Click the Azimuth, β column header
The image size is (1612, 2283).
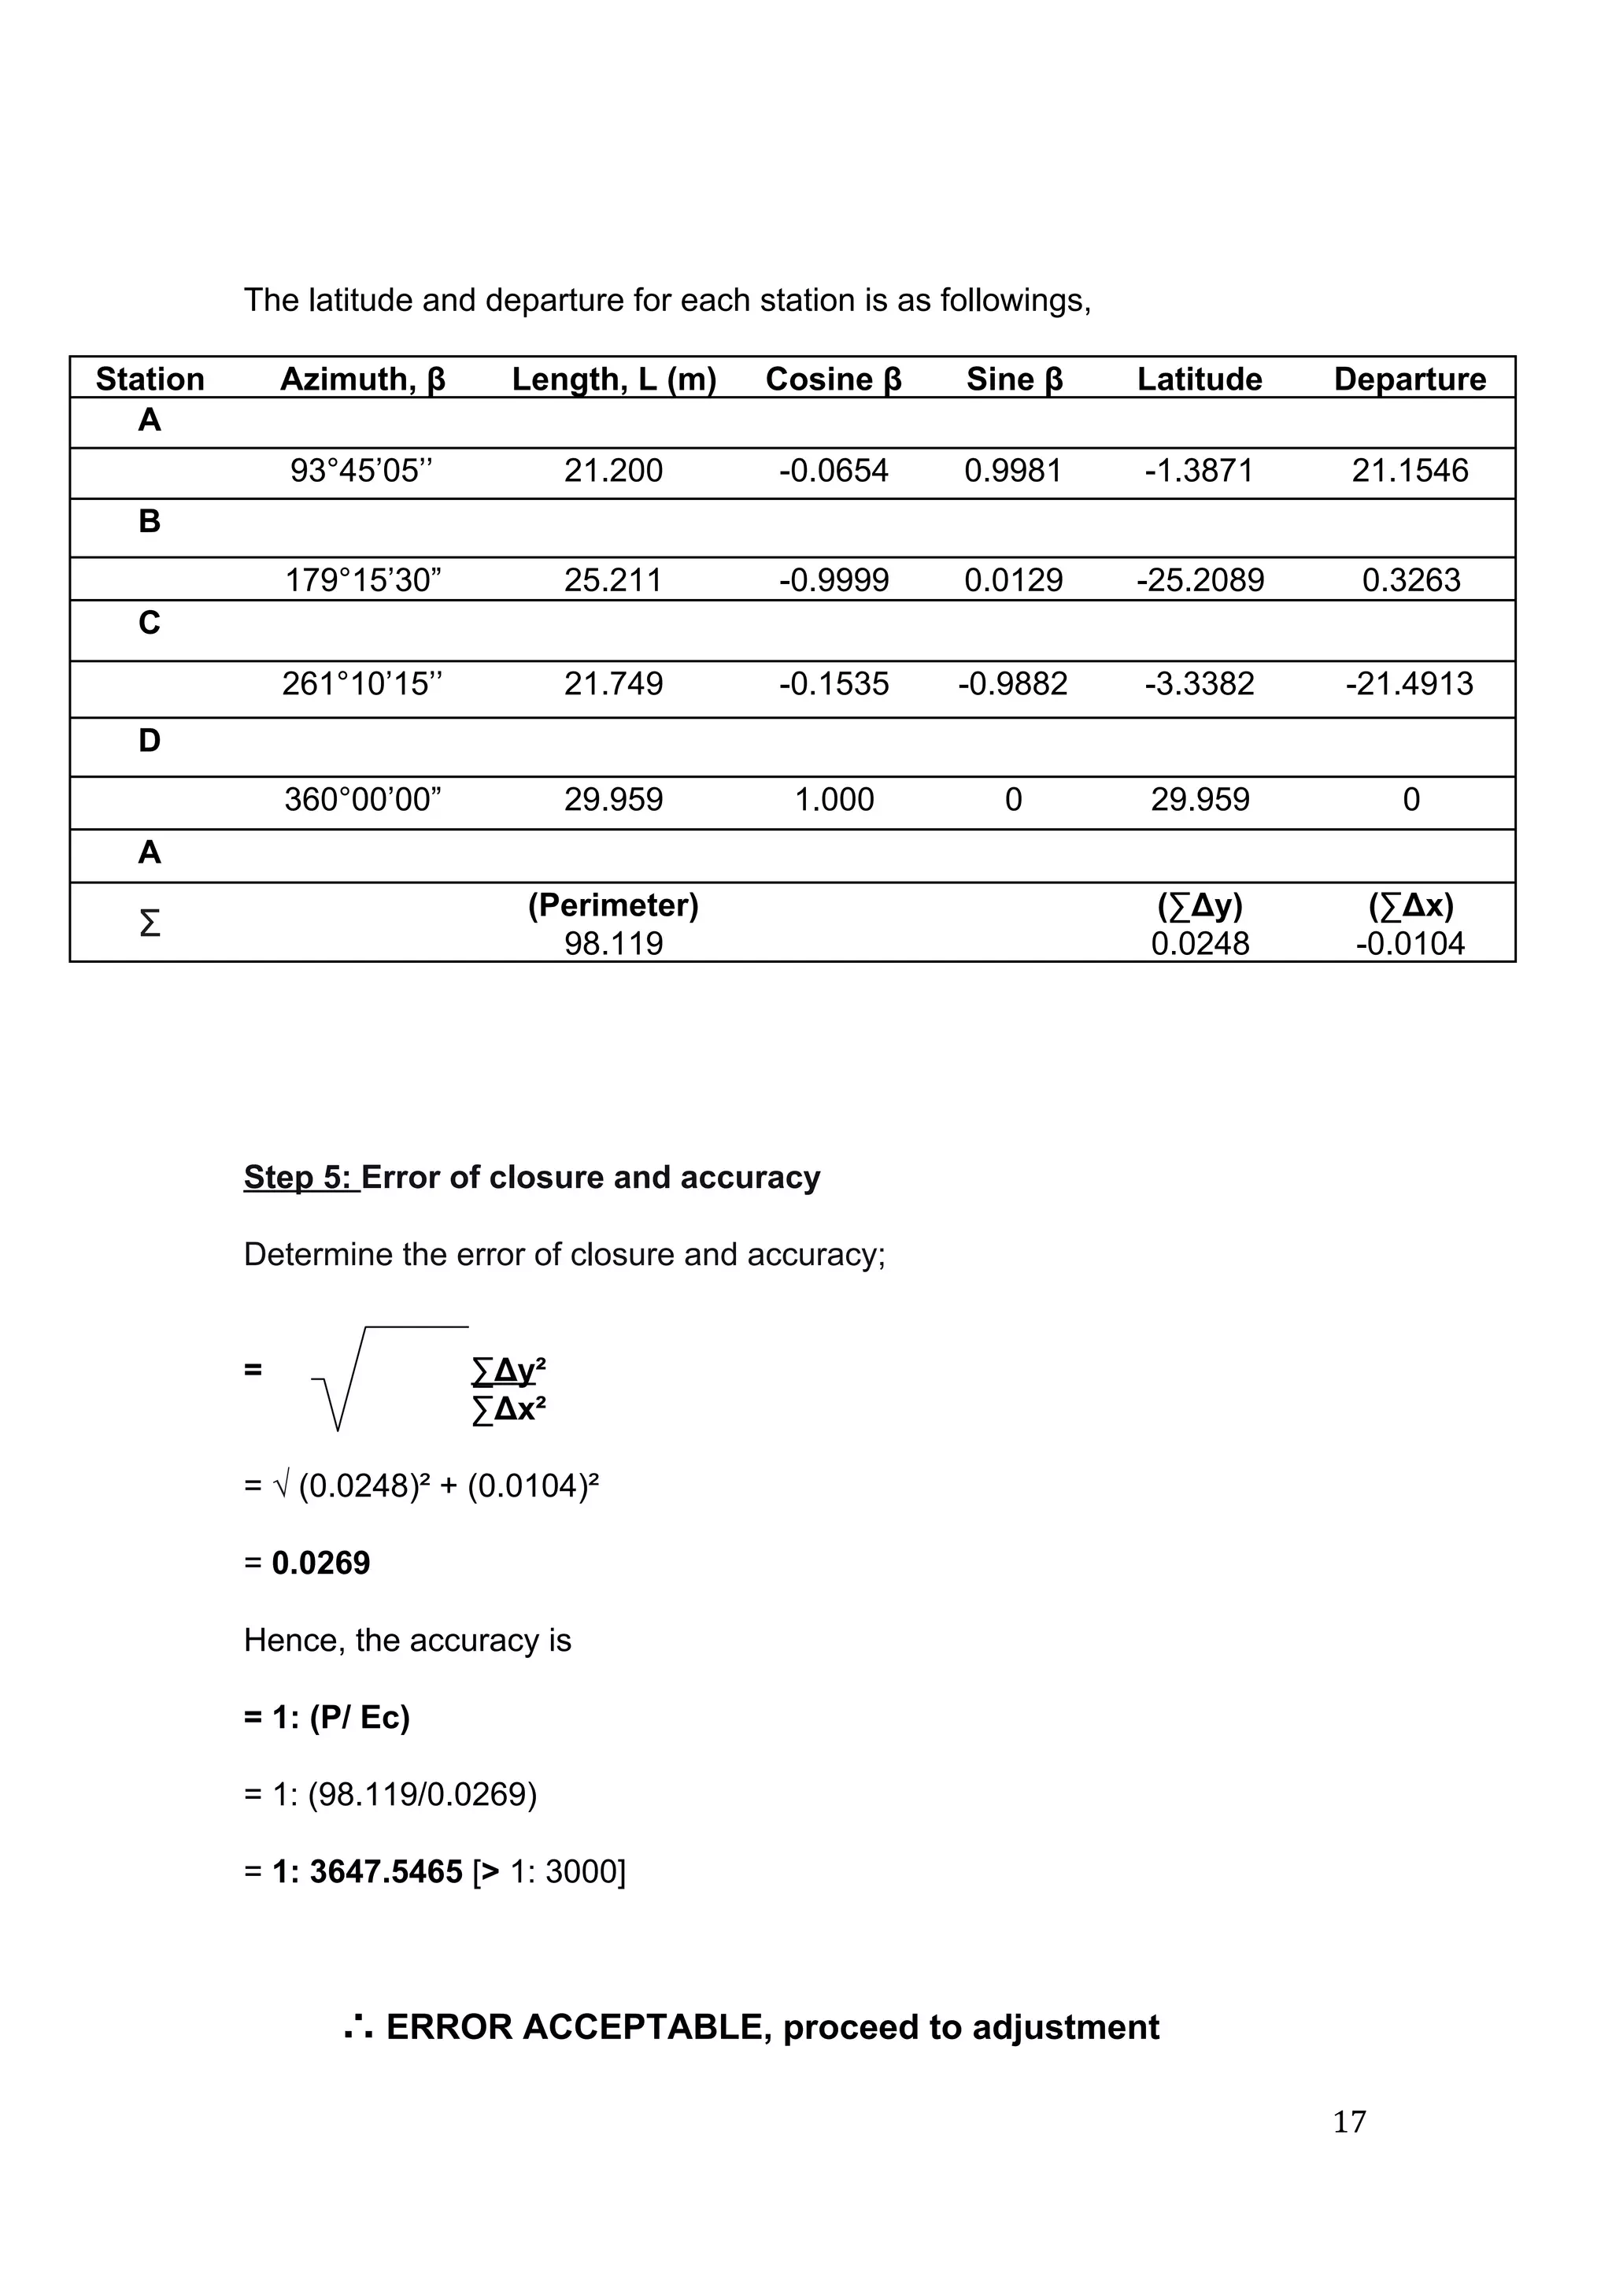(x=362, y=379)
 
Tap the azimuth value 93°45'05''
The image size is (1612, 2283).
(x=362, y=470)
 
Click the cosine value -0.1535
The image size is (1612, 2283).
(x=834, y=684)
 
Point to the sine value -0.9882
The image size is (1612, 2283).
(x=1012, y=684)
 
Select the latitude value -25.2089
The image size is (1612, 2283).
(x=1200, y=579)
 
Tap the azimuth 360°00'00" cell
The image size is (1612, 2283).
(x=362, y=800)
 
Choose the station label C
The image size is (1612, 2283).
(x=150, y=623)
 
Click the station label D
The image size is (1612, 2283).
(x=150, y=741)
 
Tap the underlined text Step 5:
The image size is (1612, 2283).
(x=298, y=1177)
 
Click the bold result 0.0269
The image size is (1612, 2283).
(x=320, y=1563)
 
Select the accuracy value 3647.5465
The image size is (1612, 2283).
(x=386, y=1872)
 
